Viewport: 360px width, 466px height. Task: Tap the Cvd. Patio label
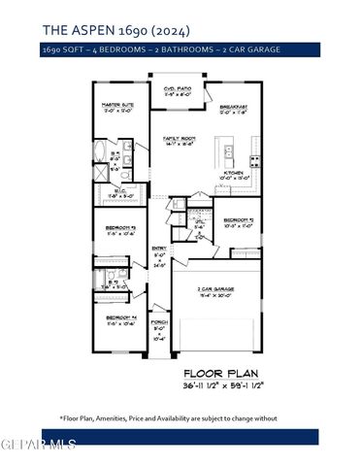tap(177, 89)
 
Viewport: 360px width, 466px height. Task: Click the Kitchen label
tap(232, 174)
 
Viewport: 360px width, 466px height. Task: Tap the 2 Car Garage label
tap(218, 288)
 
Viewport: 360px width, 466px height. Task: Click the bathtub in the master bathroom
tap(104, 155)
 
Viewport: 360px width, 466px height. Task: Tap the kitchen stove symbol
tap(255, 159)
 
